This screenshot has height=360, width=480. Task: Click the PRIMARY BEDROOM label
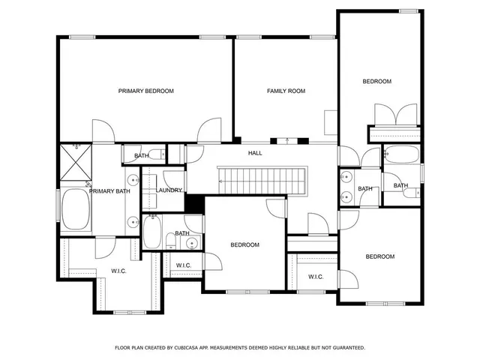tap(145, 91)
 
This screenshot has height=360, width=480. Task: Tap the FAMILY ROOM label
tap(286, 91)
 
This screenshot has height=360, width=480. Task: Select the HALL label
tap(255, 153)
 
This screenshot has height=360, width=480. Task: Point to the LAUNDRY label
tap(169, 190)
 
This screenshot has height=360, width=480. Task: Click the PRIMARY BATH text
tap(111, 191)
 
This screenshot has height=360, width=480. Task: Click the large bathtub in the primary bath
tap(75, 210)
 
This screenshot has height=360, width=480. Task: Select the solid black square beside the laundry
tap(194, 203)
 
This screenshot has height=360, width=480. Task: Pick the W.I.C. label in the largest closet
tap(118, 271)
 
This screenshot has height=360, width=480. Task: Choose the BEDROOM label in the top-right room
tap(377, 81)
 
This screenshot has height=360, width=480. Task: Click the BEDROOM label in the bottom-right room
tap(379, 256)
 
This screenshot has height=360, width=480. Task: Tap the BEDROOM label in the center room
tap(244, 245)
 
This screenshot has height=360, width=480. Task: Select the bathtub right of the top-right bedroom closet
tap(403, 157)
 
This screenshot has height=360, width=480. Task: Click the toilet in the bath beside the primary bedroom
tap(160, 155)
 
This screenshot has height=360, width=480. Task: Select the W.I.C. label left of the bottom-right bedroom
tap(316, 277)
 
